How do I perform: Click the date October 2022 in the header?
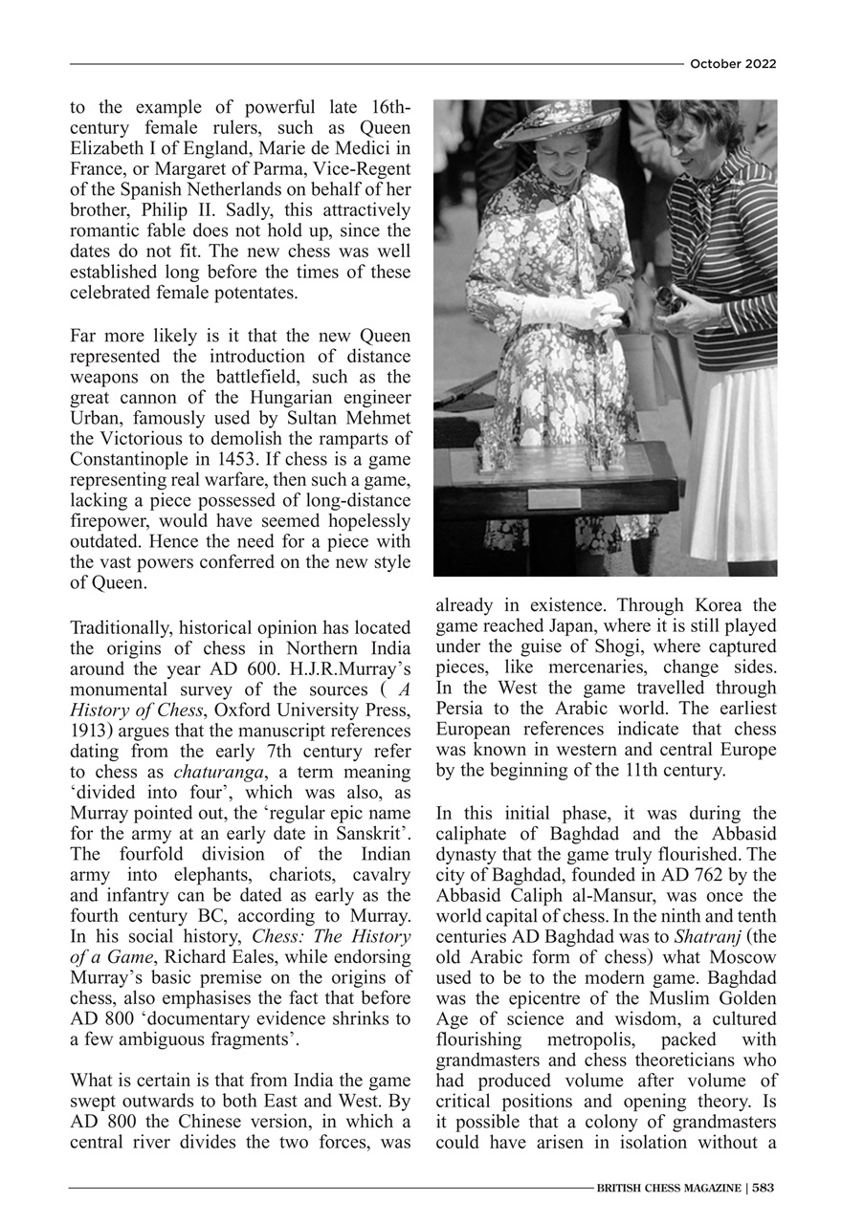click(732, 64)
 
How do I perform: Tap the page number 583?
click(763, 1188)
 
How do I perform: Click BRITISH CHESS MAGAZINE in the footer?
click(668, 1188)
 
